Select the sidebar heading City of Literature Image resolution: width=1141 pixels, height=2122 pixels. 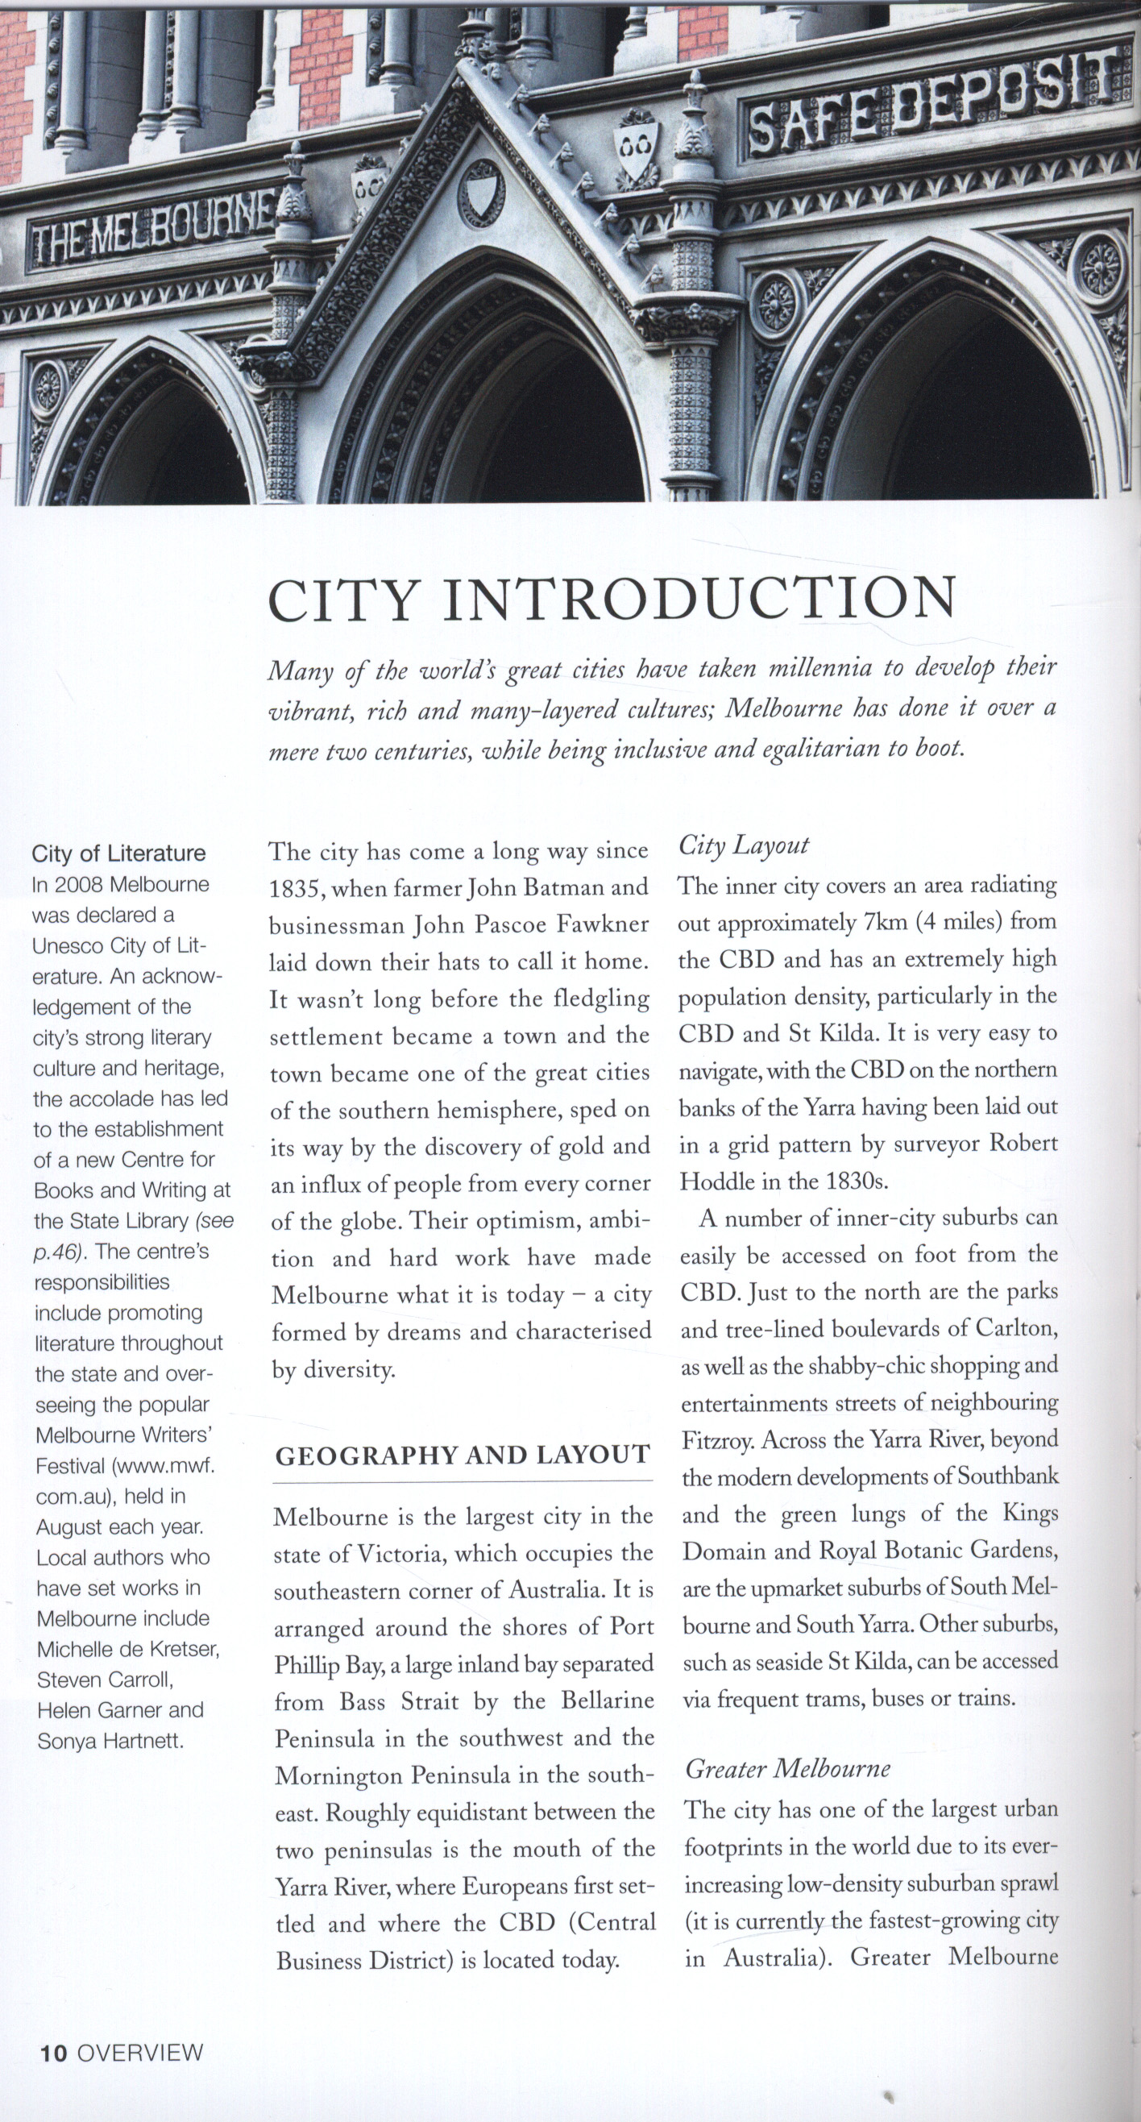click(118, 853)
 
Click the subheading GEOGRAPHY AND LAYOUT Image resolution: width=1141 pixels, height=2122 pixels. click(463, 1456)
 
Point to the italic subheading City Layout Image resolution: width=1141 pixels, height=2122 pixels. click(743, 845)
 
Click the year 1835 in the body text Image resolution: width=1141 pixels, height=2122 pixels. click(297, 889)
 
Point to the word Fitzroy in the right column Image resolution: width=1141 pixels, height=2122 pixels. click(717, 1440)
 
